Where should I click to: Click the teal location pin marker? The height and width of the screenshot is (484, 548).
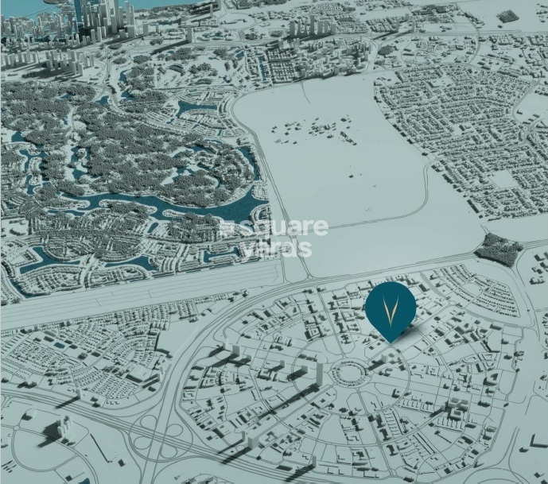391,310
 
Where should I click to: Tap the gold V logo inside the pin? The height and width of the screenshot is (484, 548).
391,305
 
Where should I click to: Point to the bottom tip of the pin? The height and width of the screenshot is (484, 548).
391,342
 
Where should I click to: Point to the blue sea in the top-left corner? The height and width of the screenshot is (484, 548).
32,6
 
